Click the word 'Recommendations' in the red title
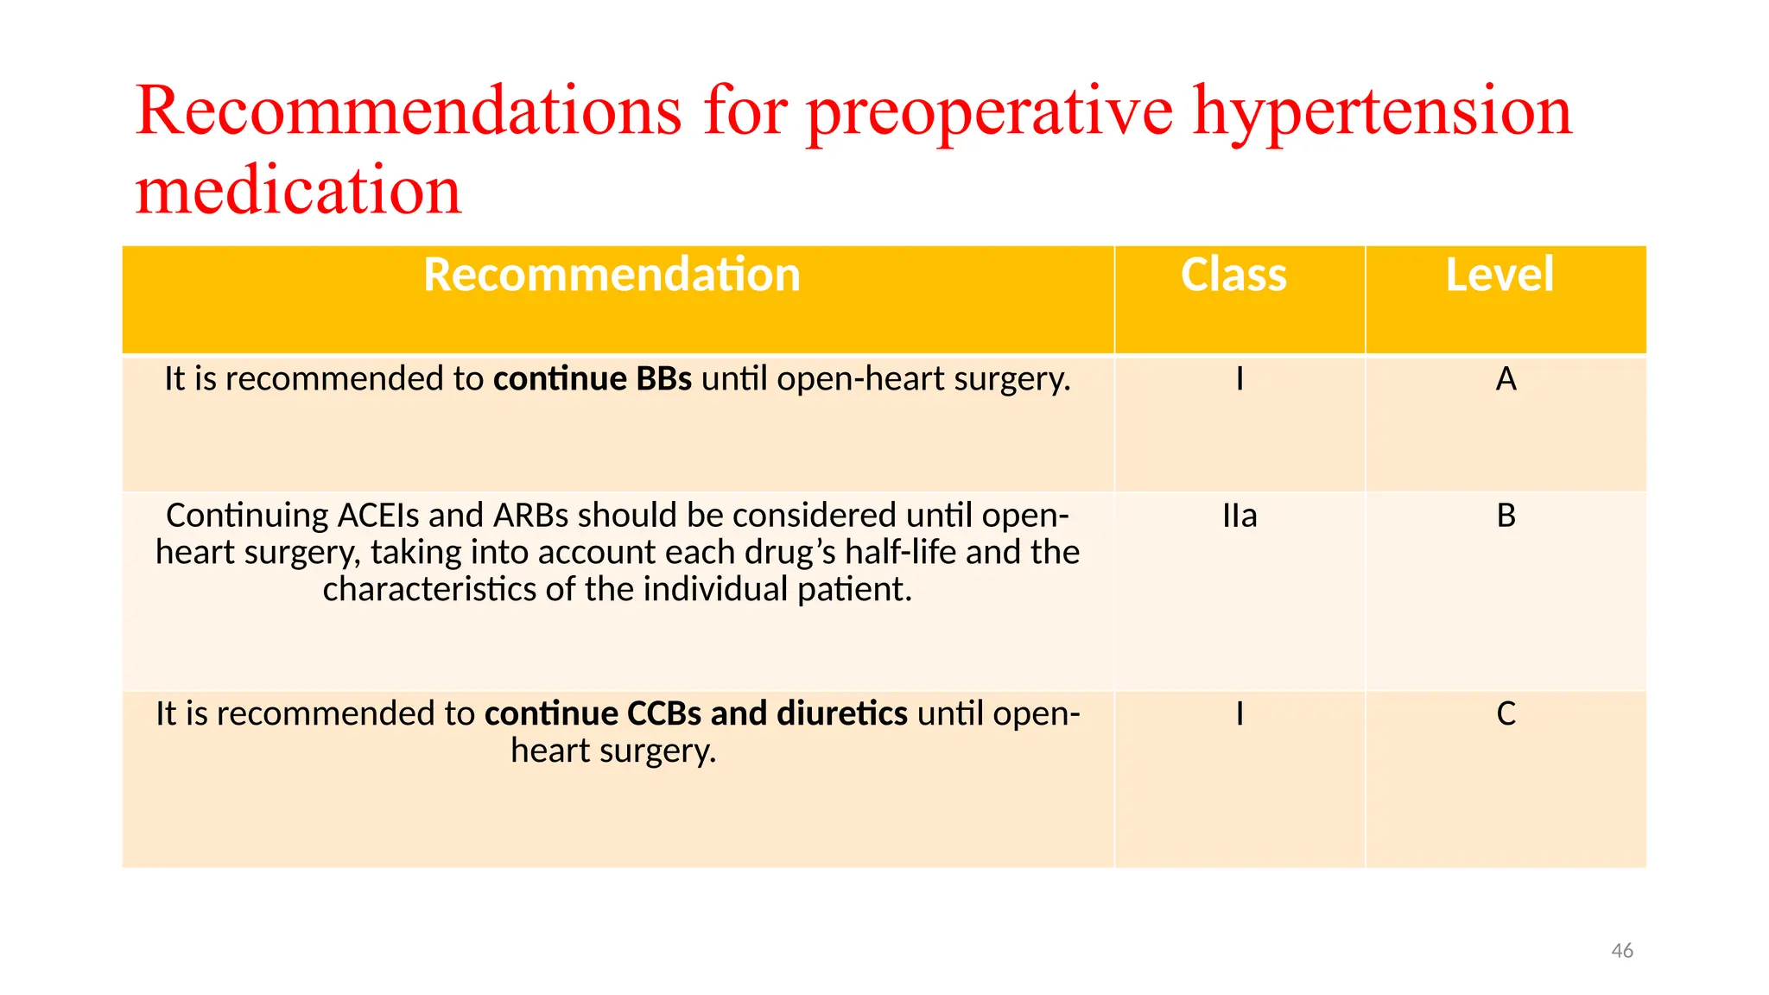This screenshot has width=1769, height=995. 408,112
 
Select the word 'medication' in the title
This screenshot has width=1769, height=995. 298,191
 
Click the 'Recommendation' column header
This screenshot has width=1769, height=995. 612,275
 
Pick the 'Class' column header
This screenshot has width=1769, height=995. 1233,275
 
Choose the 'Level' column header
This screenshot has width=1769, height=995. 1500,275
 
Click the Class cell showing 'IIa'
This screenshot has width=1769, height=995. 1240,516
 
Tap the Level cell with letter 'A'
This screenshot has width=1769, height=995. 1506,379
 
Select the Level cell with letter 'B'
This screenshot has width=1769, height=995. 1506,516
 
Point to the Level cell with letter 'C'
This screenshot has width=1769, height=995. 1506,714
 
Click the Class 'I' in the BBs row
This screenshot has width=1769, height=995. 1240,379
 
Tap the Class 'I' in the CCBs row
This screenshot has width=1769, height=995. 1240,714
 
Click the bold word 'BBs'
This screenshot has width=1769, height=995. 663,379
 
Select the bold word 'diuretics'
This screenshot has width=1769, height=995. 841,714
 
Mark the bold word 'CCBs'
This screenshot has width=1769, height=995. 663,714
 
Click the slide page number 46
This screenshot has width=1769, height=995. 1621,951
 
